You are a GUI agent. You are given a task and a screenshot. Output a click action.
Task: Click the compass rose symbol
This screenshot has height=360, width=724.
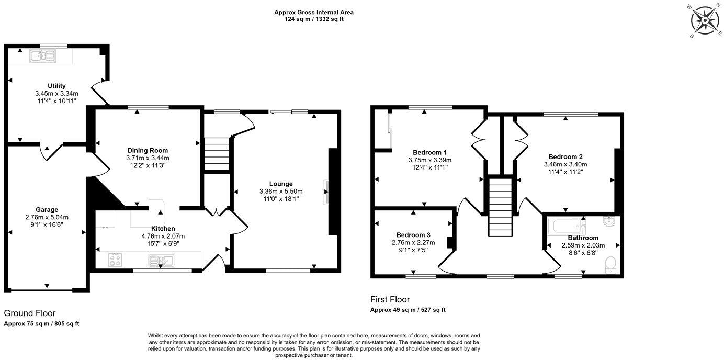pos(705,21)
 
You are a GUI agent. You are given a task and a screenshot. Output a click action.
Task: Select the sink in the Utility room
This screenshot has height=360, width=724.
pos(43,55)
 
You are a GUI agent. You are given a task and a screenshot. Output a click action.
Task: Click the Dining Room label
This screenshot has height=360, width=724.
pos(148,150)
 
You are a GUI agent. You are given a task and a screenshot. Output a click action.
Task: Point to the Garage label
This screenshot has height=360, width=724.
pos(47,210)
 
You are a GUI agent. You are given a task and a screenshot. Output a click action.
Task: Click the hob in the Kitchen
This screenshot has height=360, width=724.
pos(116,260)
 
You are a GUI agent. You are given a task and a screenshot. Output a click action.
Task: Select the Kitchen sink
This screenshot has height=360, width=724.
pos(161,260)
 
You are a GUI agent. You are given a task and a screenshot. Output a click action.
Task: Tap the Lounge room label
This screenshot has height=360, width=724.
pos(281,184)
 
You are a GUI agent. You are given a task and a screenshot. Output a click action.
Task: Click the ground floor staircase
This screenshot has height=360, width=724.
pos(217,151)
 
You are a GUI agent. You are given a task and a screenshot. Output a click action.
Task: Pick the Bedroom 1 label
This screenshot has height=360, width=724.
pos(429,153)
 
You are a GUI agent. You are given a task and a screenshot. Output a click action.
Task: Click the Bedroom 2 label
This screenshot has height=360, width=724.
pos(565,156)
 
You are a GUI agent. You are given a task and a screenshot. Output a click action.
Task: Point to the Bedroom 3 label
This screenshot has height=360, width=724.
pos(413,234)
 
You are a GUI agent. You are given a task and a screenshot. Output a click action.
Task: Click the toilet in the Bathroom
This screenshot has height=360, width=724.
pos(611,264)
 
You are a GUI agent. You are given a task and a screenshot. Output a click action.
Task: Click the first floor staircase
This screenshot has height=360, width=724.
pos(500,207)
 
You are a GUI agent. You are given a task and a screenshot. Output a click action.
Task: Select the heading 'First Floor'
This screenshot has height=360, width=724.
pos(390,300)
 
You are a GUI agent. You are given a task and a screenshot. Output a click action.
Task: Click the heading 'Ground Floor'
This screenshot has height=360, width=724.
pos(30,313)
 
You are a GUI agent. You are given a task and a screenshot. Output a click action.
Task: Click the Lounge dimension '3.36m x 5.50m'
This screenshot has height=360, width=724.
pos(281,192)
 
